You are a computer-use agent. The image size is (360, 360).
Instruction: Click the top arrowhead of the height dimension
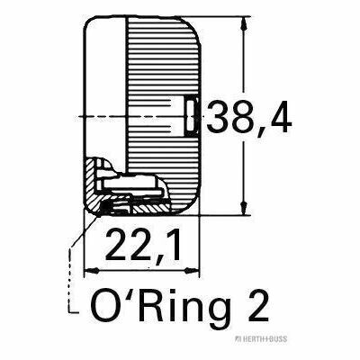coord(242,22)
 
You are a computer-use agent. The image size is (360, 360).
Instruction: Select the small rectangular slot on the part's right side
coord(191,115)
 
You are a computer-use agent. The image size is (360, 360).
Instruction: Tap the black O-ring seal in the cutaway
coord(108,206)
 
